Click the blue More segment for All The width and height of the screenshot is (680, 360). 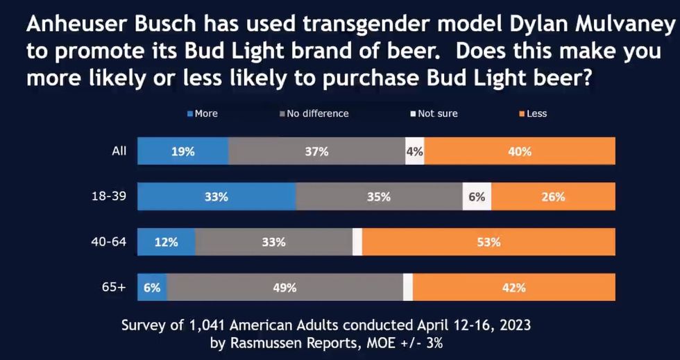183,151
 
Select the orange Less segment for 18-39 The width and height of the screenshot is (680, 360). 553,197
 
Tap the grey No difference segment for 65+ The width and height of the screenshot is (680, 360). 284,287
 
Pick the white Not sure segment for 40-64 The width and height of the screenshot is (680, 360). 357,242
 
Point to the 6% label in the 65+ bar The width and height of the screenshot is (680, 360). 152,287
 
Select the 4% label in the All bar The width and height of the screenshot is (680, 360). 415,151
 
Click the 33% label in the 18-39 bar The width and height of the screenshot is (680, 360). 216,197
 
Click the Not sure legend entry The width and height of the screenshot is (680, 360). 434,113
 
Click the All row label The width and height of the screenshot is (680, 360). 119,150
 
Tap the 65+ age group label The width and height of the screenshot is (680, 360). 114,286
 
